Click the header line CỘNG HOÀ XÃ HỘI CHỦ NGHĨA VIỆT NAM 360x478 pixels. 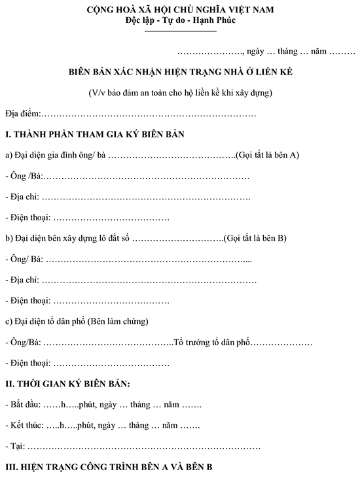pyautogui.click(x=180, y=10)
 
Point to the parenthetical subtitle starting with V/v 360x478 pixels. pyautogui.click(x=180, y=92)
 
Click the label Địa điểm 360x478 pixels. pyautogui.click(x=22, y=114)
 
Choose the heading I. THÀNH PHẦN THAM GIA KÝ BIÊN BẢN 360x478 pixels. pyautogui.click(x=95, y=135)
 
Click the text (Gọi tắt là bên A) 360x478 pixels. pyautogui.click(x=268, y=155)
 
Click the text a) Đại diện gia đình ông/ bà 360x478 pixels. pyautogui.click(x=55, y=155)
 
